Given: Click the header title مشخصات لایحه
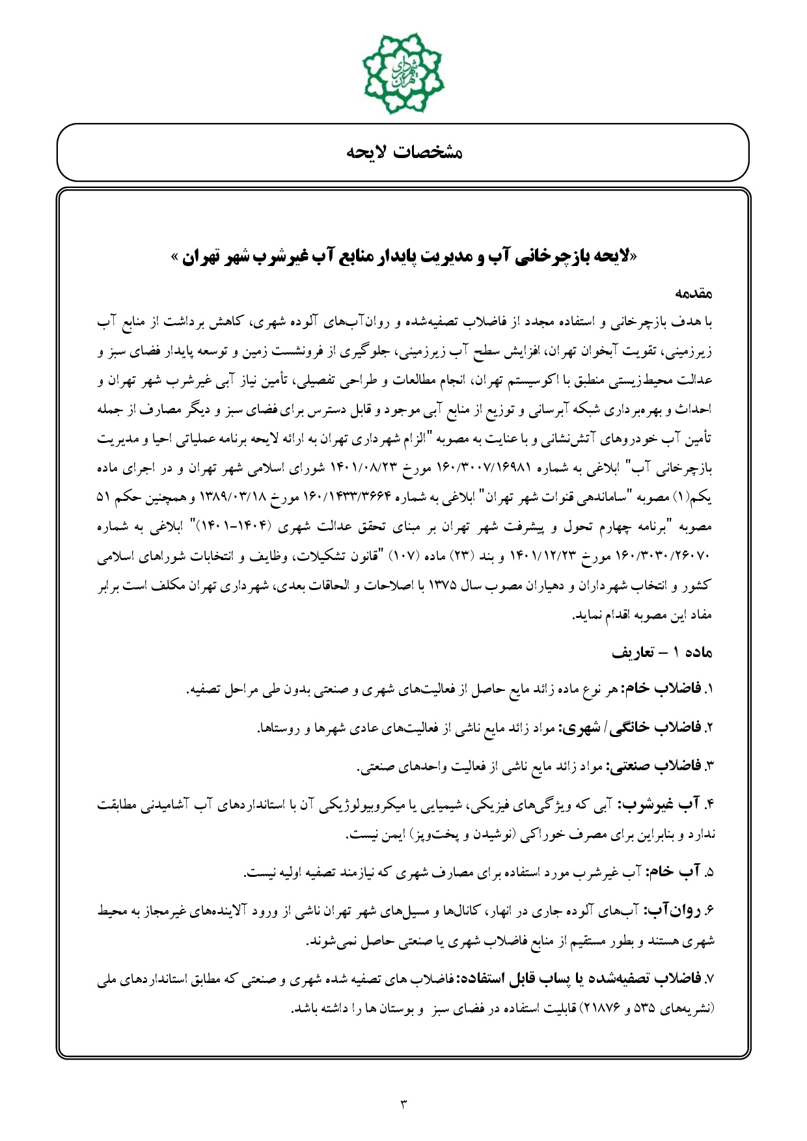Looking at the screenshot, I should [403, 153].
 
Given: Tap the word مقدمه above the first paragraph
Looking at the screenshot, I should [695, 294].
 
